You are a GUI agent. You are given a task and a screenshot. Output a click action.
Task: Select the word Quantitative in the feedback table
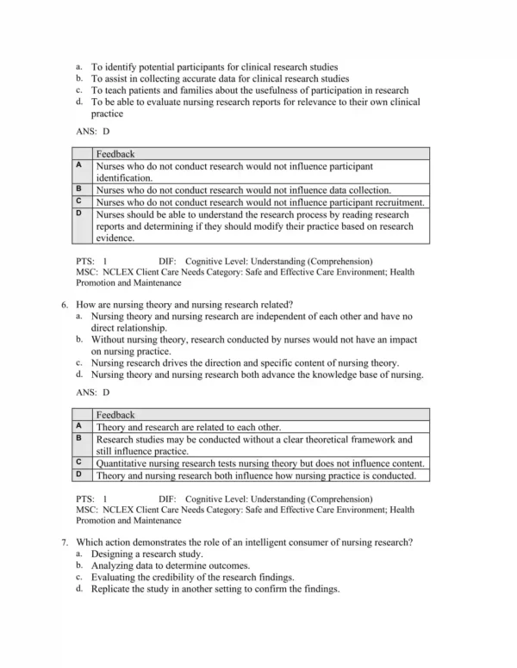click(127, 463)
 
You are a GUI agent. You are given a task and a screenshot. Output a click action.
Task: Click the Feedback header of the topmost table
click(115, 154)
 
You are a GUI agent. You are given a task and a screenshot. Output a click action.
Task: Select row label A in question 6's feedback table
click(78, 426)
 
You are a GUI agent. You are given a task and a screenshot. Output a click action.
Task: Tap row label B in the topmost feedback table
click(78, 189)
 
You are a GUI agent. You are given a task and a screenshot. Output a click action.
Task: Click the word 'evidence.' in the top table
click(116, 238)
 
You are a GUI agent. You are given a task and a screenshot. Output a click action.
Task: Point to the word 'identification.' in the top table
click(124, 178)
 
